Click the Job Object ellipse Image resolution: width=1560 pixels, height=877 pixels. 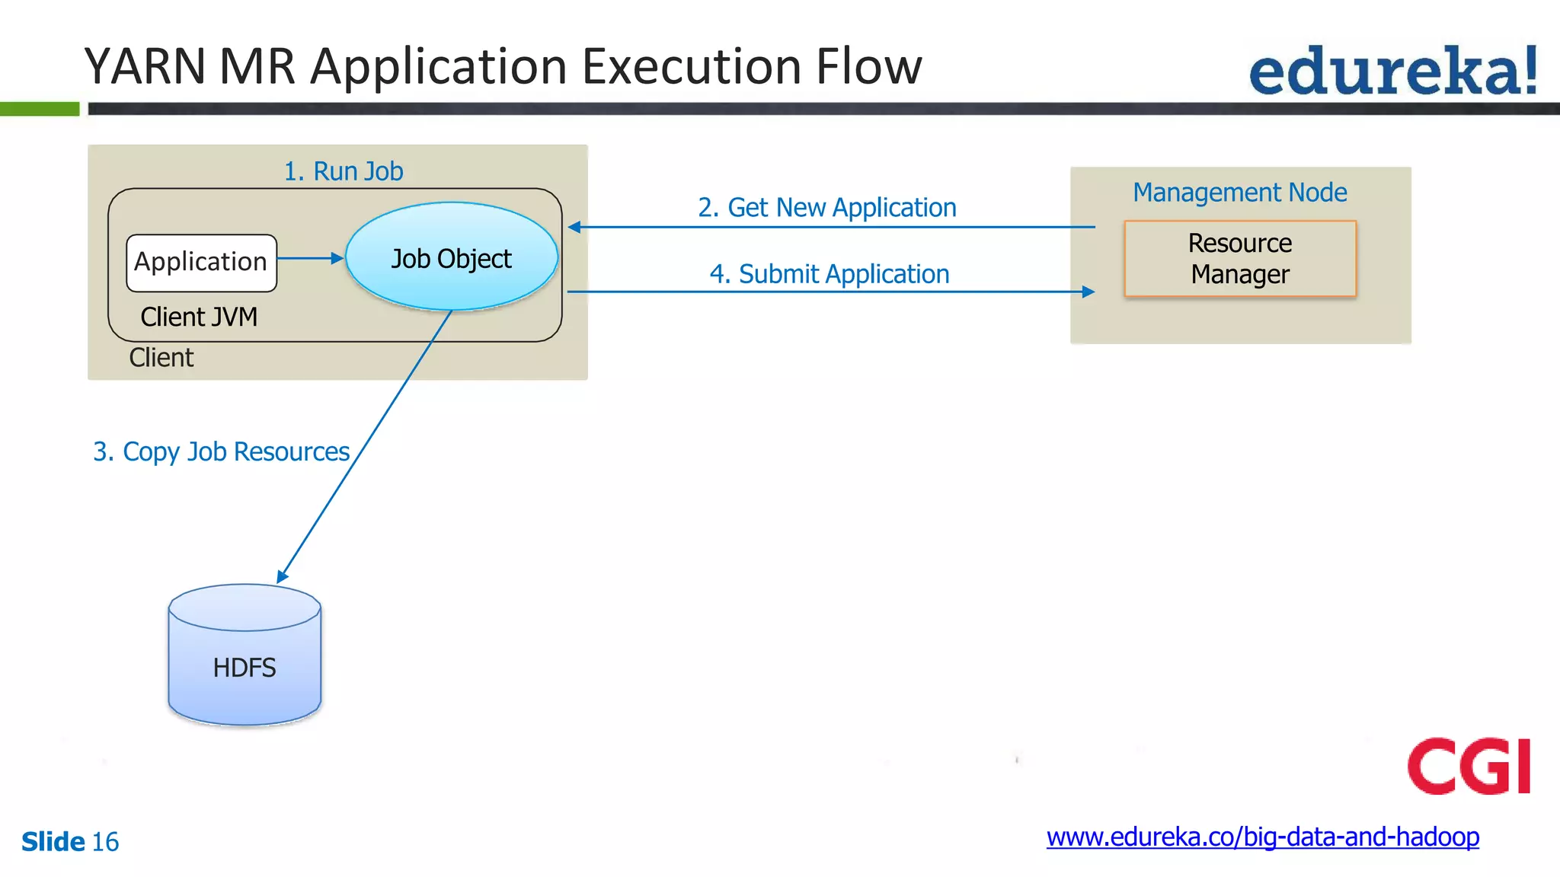click(451, 257)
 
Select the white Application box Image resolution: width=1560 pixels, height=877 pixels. click(201, 263)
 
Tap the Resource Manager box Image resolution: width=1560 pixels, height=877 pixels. click(1239, 259)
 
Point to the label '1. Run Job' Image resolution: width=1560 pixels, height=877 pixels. click(343, 171)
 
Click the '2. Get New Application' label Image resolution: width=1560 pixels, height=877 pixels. click(826, 207)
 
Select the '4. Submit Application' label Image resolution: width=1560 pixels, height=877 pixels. click(829, 273)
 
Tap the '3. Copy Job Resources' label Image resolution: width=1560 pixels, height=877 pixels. click(221, 451)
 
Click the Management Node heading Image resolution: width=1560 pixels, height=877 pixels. click(1239, 192)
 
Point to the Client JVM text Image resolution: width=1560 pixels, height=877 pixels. click(199, 317)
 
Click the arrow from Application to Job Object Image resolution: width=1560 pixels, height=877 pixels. click(308, 258)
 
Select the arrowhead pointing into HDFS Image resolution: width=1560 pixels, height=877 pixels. click(283, 576)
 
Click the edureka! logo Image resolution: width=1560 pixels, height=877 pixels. click(1392, 72)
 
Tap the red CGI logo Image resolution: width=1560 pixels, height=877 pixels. click(1468, 766)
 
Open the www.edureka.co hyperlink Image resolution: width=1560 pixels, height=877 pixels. click(1262, 837)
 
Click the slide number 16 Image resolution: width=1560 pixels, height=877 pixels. click(105, 842)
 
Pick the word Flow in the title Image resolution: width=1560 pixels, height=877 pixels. click(868, 66)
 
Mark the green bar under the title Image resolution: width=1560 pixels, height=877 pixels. click(39, 109)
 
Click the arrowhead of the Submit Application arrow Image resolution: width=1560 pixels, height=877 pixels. click(1088, 292)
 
